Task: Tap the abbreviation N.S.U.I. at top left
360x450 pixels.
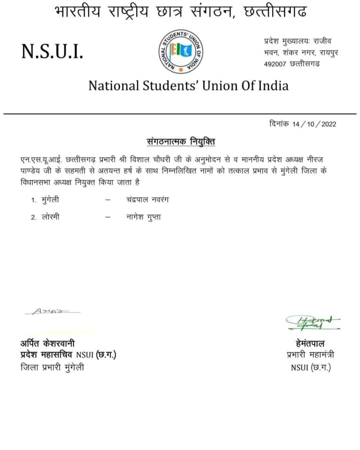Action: (x=52, y=52)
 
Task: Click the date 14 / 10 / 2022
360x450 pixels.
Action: (x=314, y=124)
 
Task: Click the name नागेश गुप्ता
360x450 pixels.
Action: (x=141, y=217)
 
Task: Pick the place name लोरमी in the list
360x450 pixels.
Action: (x=50, y=217)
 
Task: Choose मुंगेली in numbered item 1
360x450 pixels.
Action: (x=50, y=200)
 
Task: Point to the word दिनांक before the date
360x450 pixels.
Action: (x=279, y=124)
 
